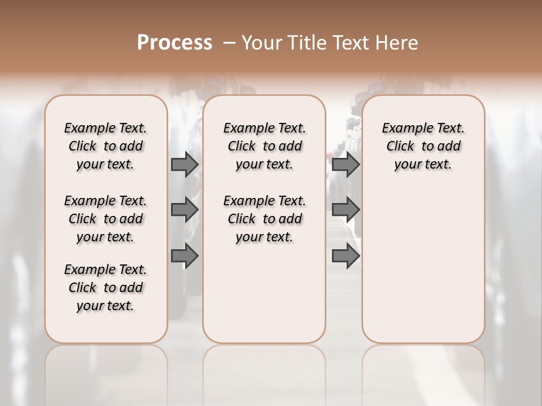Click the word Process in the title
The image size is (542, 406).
click(x=174, y=42)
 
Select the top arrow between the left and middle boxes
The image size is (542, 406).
click(x=185, y=164)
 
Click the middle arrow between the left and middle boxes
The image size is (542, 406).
click(x=185, y=210)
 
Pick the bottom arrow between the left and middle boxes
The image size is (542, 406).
click(x=185, y=256)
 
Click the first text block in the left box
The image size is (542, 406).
click(x=106, y=146)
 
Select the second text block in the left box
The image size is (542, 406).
click(x=106, y=219)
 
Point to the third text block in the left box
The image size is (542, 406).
click(x=106, y=288)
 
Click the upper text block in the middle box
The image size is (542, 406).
click(x=264, y=146)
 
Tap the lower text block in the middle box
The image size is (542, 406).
click(x=264, y=219)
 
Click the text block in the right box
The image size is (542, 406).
click(x=423, y=146)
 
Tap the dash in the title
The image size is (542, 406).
click(x=229, y=42)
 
